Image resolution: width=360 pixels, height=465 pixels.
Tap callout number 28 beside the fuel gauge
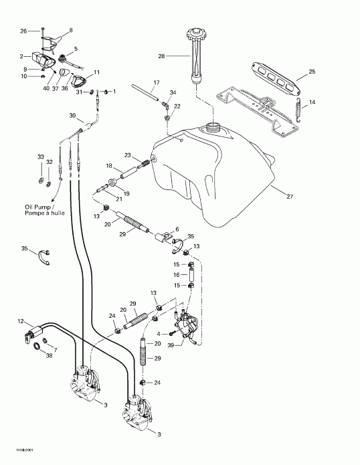click(161, 57)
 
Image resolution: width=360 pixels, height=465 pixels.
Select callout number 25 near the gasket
click(311, 72)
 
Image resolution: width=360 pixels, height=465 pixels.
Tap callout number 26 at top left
click(23, 31)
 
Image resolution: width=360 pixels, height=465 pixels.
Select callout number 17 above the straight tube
click(155, 83)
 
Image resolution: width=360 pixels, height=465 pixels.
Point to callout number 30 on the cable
click(72, 115)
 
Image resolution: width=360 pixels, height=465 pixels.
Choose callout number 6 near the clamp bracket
click(177, 229)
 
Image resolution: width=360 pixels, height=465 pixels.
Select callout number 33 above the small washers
click(40, 157)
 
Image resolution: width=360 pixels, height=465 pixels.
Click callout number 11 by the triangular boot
click(96, 72)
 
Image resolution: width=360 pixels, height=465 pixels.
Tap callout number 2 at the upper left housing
click(23, 56)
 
